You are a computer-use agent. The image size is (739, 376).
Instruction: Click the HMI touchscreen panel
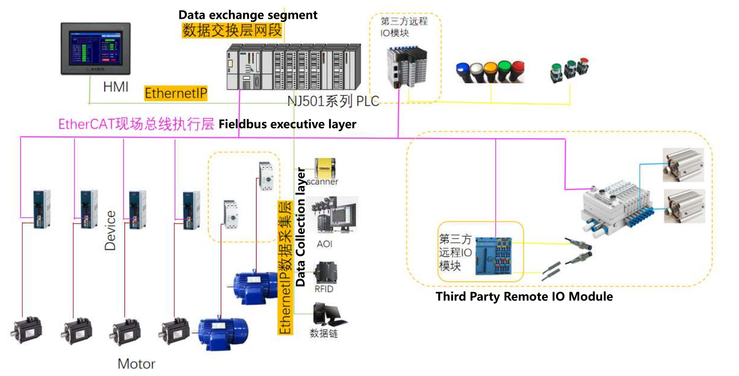pos(95,50)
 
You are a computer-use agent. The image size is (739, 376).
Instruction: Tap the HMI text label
pos(116,87)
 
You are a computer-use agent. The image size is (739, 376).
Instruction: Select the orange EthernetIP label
pos(176,94)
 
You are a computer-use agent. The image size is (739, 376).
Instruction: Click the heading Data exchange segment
pos(248,15)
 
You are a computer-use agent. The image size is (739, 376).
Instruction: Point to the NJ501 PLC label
pos(333,101)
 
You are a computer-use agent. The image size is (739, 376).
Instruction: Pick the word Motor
pos(136,364)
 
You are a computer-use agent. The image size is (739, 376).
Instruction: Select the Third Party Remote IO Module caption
pos(524,297)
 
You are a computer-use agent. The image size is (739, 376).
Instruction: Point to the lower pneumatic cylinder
pos(684,206)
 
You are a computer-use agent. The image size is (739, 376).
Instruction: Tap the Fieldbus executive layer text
pos(287,124)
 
